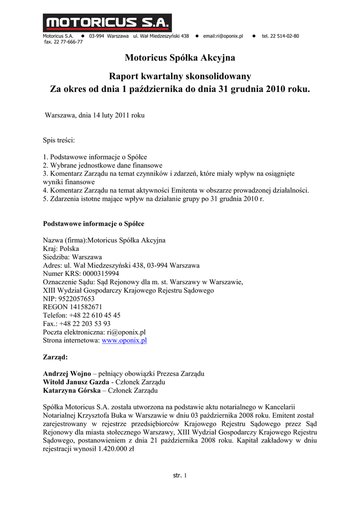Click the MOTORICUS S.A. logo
[x=107, y=23]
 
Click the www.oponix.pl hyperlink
[x=124, y=340]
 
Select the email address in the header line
[x=223, y=36]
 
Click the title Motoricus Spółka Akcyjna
[x=180, y=58]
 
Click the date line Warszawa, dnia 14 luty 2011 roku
[x=94, y=115]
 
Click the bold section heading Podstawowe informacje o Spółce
[x=93, y=224]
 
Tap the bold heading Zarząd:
[x=56, y=357]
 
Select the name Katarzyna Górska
[x=72, y=391]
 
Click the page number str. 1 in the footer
[x=180, y=476]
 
